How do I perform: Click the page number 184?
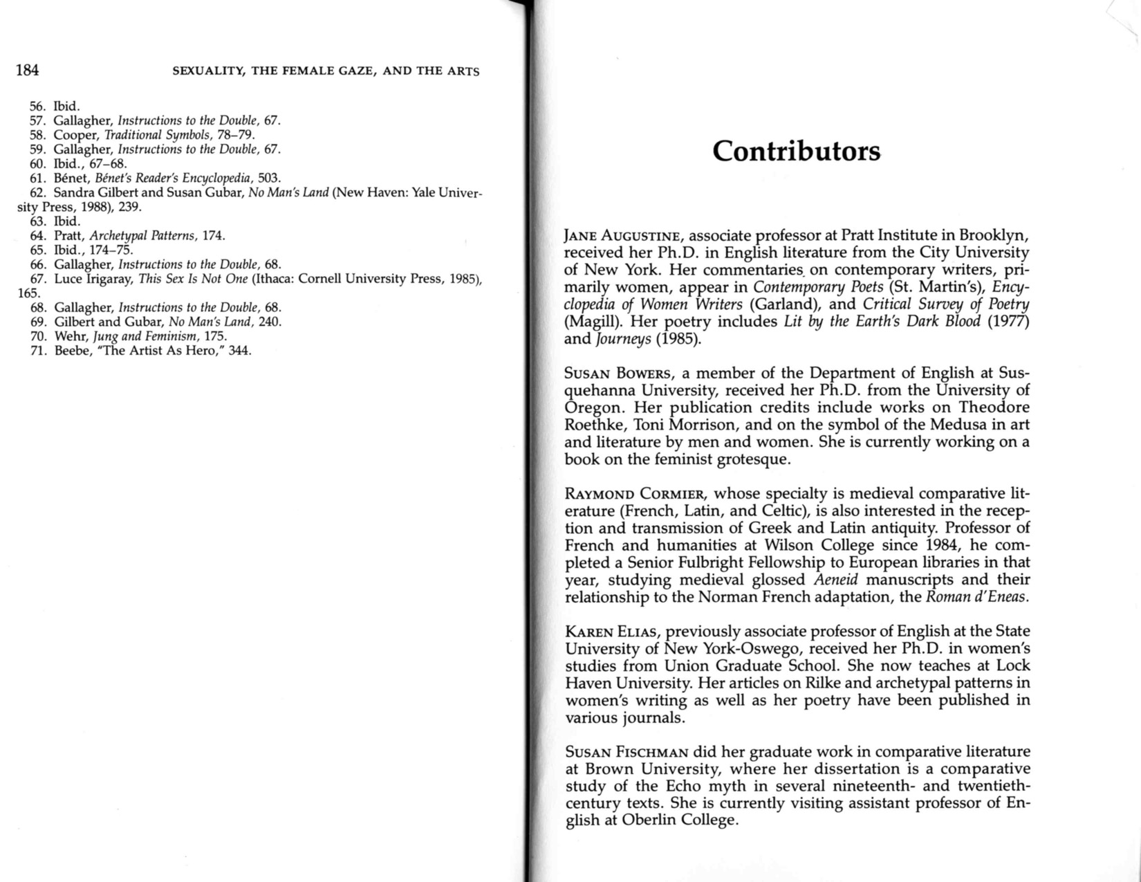coord(27,70)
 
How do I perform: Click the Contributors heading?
coord(796,151)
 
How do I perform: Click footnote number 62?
coord(37,192)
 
